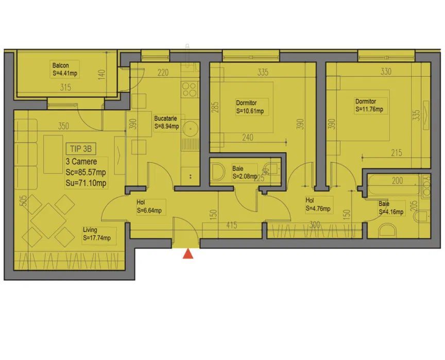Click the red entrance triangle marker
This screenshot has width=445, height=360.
[189, 253]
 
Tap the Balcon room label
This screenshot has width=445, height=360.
[60, 65]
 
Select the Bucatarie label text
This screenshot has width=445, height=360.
[166, 118]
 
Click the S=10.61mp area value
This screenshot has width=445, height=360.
[250, 111]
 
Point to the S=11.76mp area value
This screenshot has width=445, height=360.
[369, 109]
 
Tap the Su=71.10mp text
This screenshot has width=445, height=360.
[86, 182]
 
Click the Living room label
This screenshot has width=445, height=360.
[90, 230]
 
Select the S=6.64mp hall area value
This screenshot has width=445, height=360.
[149, 210]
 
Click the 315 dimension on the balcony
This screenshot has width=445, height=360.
[65, 88]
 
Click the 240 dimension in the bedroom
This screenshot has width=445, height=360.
[248, 138]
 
